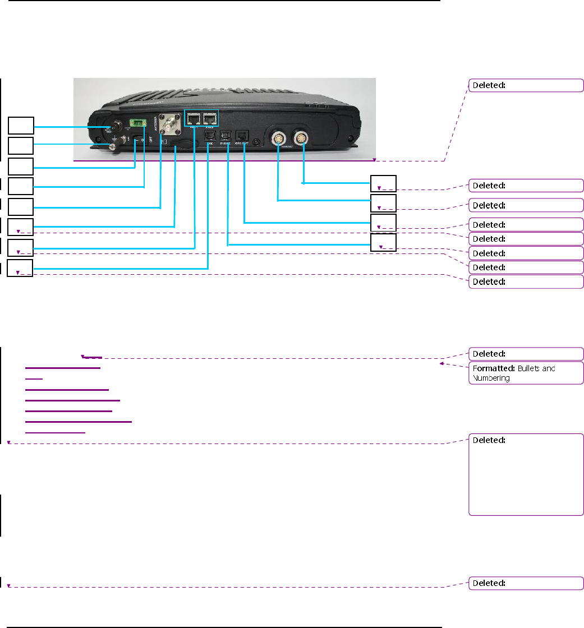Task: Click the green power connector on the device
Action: [x=139, y=123]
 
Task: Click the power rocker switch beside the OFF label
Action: [x=139, y=140]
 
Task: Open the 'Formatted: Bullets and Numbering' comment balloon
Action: [x=526, y=373]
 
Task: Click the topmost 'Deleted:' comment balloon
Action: [x=526, y=85]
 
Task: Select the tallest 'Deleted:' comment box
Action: [x=526, y=474]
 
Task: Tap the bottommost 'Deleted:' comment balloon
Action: [x=526, y=583]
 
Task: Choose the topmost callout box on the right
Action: [x=384, y=183]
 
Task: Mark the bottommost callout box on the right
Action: [x=384, y=242]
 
